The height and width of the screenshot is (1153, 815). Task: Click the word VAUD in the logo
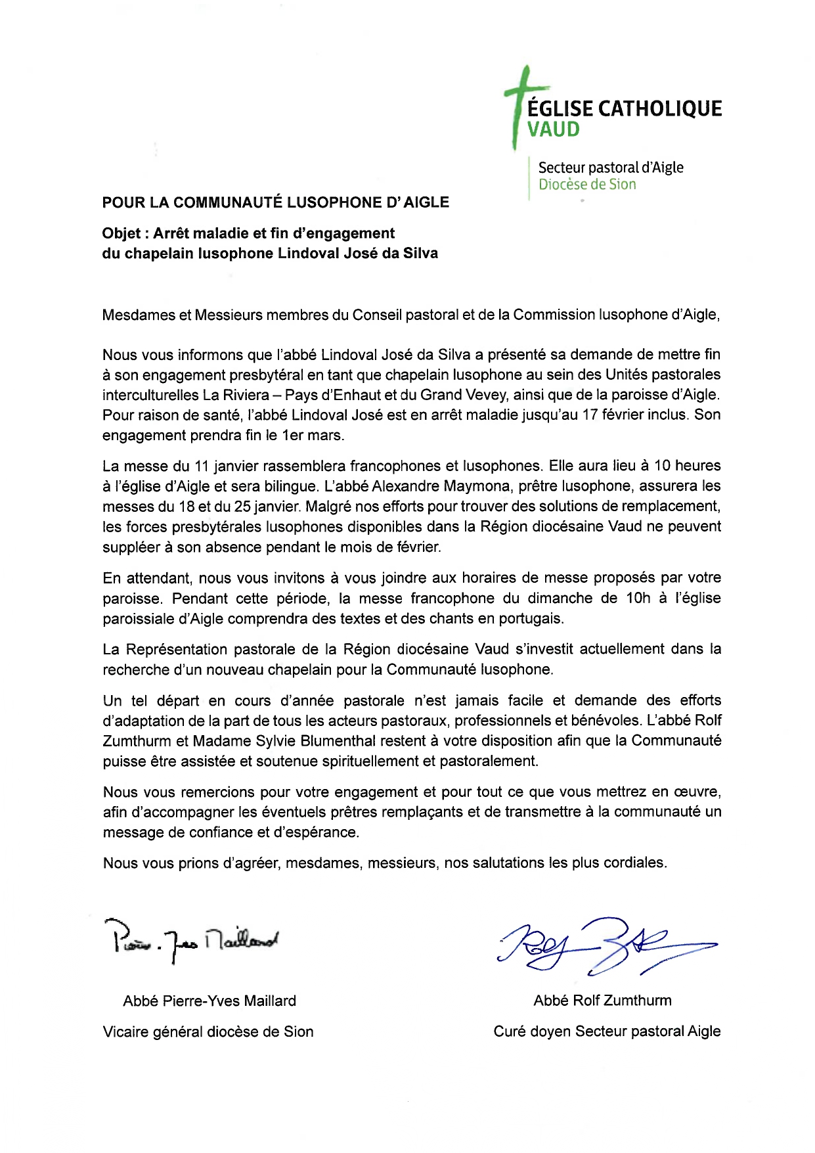tap(554, 129)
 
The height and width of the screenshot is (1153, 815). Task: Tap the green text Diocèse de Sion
tap(587, 185)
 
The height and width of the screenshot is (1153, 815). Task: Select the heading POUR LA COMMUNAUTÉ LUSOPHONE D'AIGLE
tap(275, 202)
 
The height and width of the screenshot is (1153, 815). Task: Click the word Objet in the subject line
tap(121, 233)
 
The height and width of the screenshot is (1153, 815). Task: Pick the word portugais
tap(528, 619)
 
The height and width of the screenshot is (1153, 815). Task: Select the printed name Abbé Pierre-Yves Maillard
tap(209, 1001)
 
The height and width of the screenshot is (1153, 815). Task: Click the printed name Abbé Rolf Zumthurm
tap(602, 1001)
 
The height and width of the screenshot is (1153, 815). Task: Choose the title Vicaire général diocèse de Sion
tap(208, 1032)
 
